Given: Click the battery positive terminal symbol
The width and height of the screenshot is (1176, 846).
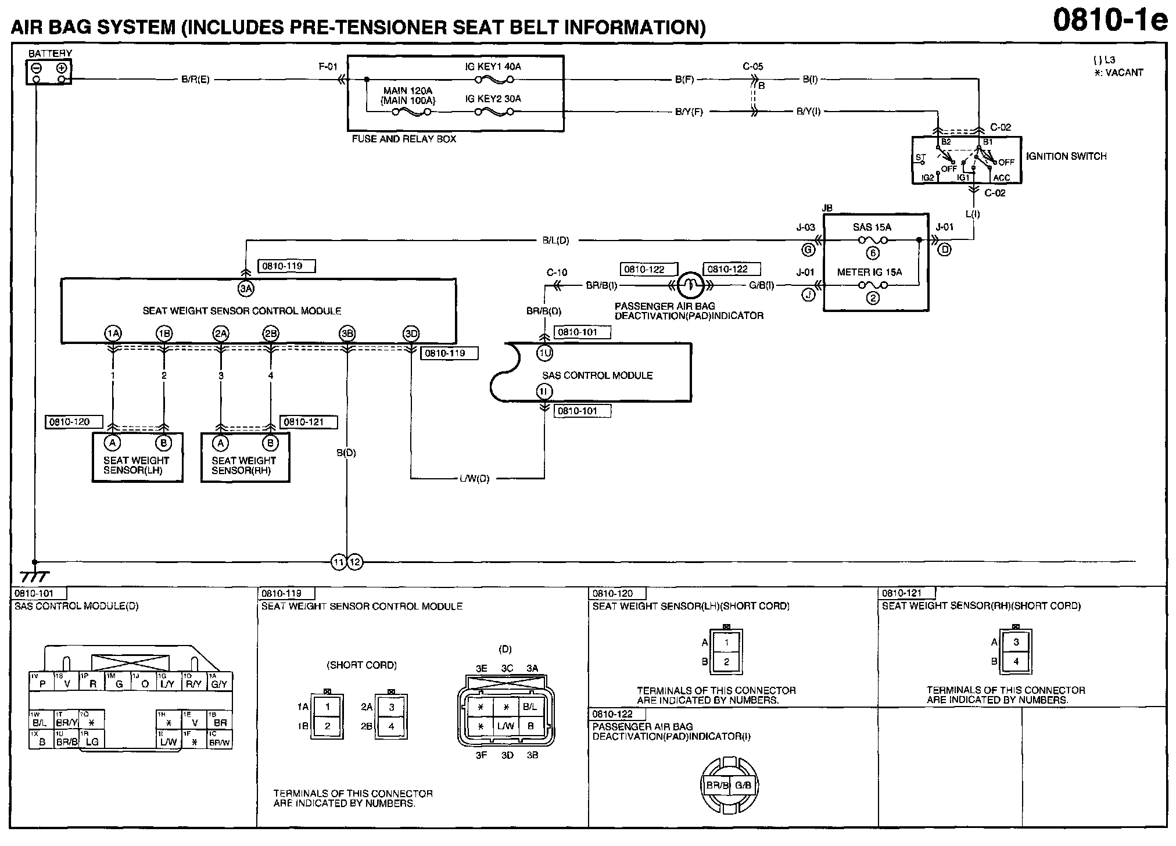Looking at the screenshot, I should (61, 68).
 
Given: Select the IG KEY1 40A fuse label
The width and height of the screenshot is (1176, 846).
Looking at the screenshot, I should (493, 67).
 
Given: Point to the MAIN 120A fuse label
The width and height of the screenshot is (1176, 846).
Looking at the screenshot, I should (408, 91).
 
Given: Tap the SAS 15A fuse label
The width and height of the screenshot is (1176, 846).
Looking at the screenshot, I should (872, 227).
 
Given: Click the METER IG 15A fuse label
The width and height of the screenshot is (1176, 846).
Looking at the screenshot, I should (869, 272).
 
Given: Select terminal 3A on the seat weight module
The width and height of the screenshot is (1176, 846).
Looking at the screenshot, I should (246, 288).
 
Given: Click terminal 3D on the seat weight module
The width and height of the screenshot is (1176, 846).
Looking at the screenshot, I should (411, 334).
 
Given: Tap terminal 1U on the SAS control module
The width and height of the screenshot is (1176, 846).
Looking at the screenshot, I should (544, 352).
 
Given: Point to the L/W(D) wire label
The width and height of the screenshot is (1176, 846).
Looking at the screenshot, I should (475, 479).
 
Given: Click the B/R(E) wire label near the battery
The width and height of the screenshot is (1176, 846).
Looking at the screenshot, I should (195, 80).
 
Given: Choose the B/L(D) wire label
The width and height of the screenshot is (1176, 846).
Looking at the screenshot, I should (555, 240).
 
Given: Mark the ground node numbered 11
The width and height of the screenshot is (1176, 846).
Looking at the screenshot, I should (339, 562).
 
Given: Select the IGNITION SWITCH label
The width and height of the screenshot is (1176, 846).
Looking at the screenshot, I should (1066, 156).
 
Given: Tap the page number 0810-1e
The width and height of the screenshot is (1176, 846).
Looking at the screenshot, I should (1110, 21).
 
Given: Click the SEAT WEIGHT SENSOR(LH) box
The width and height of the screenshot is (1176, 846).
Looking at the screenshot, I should (137, 457).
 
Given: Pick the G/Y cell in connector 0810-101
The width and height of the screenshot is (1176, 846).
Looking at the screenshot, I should (219, 684).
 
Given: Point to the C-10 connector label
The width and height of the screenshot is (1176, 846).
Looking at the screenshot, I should (557, 273).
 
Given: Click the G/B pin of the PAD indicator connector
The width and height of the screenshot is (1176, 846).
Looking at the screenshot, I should (743, 786).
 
